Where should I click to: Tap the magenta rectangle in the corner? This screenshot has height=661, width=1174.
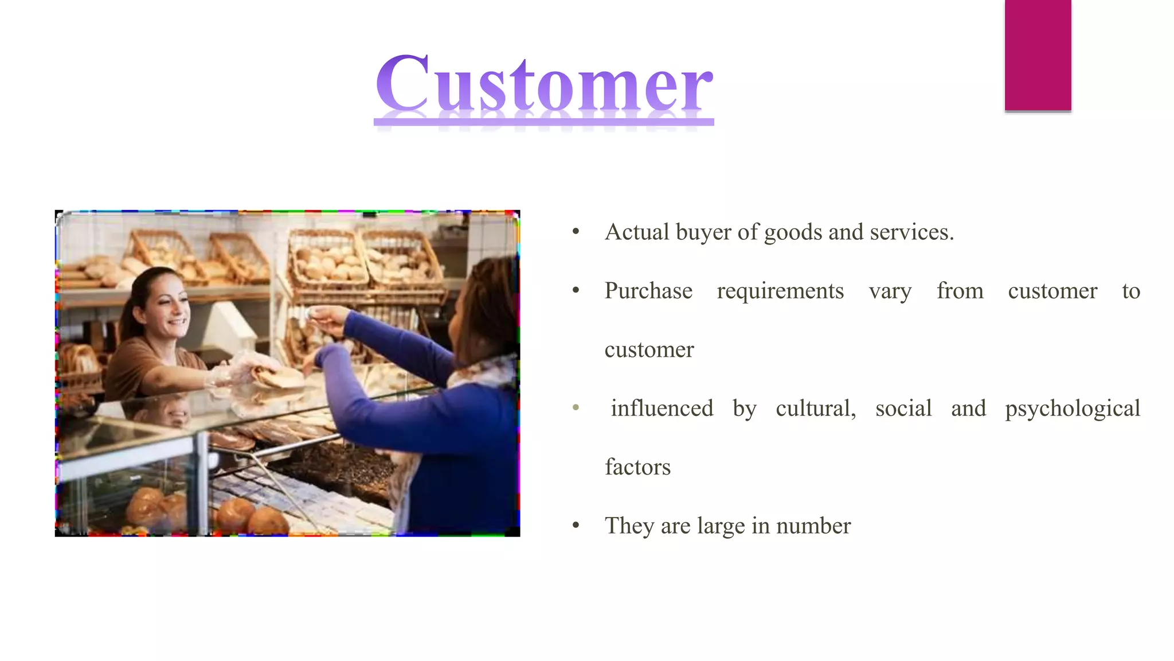1038,55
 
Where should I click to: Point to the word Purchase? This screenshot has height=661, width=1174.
648,291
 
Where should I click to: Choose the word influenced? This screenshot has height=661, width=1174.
662,408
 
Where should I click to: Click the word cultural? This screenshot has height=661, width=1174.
815,409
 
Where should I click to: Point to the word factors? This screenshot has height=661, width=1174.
637,467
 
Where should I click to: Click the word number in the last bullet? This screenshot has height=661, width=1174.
813,526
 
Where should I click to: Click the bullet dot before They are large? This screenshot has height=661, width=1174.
576,526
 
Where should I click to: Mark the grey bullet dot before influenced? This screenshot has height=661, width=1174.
576,408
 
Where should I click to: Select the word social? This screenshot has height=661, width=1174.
903,408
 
